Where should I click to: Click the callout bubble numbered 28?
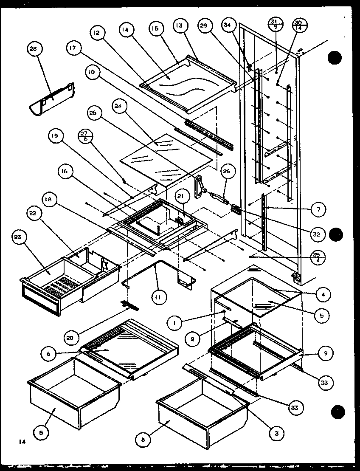33,49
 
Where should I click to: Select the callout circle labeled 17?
72,48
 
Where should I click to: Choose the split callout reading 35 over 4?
317,256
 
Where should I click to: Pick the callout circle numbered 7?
318,209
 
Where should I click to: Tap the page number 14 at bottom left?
22,442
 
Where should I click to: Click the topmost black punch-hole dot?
335,57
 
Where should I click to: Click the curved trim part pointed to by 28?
51,100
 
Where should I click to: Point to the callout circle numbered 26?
226,172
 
